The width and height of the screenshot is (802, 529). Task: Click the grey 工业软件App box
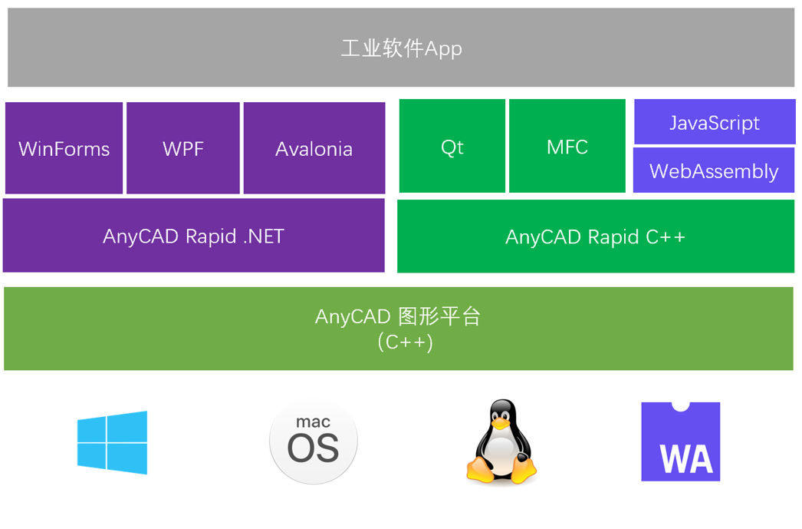pos(401,48)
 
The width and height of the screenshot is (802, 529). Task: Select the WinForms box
pos(64,148)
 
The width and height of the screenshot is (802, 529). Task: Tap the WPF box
pos(183,148)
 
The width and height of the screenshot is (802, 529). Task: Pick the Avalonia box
pos(314,148)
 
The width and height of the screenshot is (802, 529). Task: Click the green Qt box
pos(452,147)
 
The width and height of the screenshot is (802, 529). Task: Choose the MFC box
pos(567,147)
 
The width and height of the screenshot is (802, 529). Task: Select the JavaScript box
pos(715,123)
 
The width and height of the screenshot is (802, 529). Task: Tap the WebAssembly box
pos(715,171)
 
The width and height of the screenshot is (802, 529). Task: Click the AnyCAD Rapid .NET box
pos(194,236)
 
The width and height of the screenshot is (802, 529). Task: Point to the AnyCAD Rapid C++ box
pos(596,236)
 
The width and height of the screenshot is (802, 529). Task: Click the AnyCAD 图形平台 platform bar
pos(399,329)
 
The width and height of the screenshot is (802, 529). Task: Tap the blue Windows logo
pos(112,442)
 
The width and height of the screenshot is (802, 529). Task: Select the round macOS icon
pos(314,442)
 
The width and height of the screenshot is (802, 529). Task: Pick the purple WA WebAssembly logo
pos(681,441)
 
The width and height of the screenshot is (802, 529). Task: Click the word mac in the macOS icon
pos(313,422)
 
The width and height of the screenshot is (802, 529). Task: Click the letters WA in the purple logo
pos(686,459)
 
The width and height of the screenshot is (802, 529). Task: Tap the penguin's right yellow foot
pos(524,470)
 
